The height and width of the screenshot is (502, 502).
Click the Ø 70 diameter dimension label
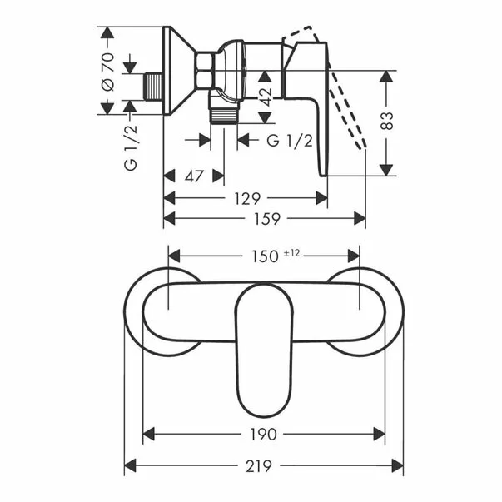click(x=108, y=72)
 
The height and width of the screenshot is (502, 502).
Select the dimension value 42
click(x=266, y=97)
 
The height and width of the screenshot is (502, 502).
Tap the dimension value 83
click(x=387, y=121)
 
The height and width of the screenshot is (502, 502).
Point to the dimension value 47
click(x=194, y=176)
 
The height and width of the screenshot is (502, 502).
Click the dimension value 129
click(x=247, y=199)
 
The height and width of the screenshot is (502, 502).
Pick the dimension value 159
click(x=267, y=219)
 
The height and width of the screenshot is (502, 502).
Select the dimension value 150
click(x=266, y=256)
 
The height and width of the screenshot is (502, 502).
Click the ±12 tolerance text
click(x=291, y=253)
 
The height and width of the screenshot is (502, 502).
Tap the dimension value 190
click(x=263, y=435)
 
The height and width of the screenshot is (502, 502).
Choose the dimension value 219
click(x=259, y=466)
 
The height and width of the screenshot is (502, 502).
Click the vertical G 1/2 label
click(x=131, y=147)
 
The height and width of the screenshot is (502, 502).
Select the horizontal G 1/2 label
click(x=290, y=141)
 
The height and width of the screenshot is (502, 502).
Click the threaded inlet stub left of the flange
click(x=154, y=87)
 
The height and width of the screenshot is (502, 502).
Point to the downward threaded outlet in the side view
click(x=224, y=115)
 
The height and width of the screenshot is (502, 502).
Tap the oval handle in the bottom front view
click(x=265, y=350)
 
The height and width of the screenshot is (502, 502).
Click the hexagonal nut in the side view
click(x=206, y=70)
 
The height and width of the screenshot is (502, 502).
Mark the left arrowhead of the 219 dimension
click(x=131, y=465)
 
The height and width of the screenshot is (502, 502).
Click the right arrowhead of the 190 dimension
click(x=379, y=435)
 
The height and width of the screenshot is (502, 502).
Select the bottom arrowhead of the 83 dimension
click(x=386, y=170)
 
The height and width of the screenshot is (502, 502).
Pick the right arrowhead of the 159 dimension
click(x=359, y=219)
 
